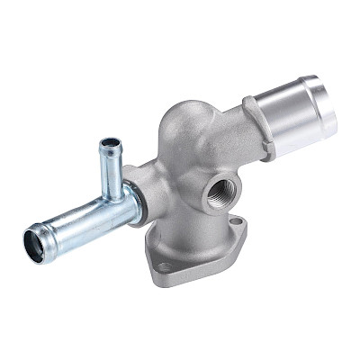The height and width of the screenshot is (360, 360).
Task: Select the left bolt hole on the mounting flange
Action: pyautogui.click(x=165, y=267)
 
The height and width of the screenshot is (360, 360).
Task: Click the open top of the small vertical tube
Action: pyautogui.click(x=110, y=143)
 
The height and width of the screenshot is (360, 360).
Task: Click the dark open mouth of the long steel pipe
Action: pyautogui.click(x=35, y=243)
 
